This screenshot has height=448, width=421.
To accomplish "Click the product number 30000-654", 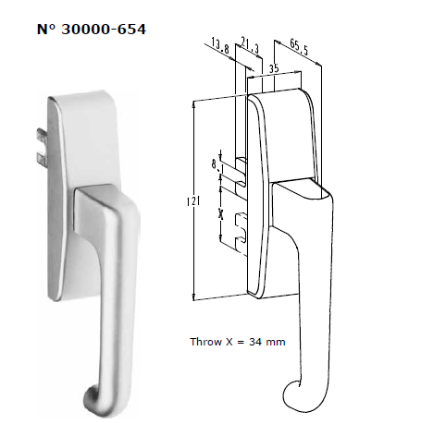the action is tap(104, 30).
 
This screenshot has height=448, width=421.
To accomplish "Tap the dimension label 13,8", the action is tap(220, 45).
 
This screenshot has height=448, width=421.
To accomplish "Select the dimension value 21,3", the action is tap(250, 45).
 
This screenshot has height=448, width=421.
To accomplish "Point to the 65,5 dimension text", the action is tap(299, 47).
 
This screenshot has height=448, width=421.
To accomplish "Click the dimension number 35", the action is tap(274, 68).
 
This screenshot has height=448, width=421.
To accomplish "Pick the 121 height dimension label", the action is tap(193, 201).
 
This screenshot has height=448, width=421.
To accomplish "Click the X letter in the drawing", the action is tap(220, 213).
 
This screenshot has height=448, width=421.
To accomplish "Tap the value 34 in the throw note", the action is tap(255, 342).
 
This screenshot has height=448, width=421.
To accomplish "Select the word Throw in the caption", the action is tap(205, 342).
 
